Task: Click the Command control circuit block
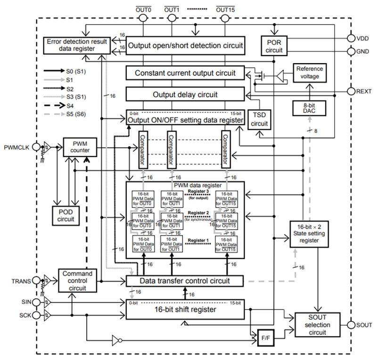[74, 281]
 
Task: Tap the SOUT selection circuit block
[317, 325]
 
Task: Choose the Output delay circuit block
[185, 94]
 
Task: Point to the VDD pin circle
[351, 38]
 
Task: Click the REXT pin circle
[351, 91]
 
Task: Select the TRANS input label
[21, 281]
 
